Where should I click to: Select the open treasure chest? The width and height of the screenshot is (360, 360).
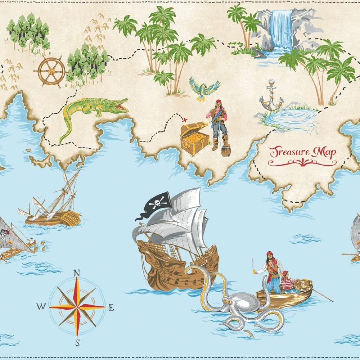tap(195, 139)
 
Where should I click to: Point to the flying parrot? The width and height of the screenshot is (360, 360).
tap(204, 88)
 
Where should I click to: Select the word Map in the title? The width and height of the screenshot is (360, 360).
tap(324, 152)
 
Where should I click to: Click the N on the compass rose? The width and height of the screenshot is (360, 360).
tap(76, 273)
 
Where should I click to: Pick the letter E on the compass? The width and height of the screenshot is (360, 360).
tap(111, 307)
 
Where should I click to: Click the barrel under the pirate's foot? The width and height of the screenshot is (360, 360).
tap(226, 151)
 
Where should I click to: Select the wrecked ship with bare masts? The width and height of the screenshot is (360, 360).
tap(54, 205)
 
